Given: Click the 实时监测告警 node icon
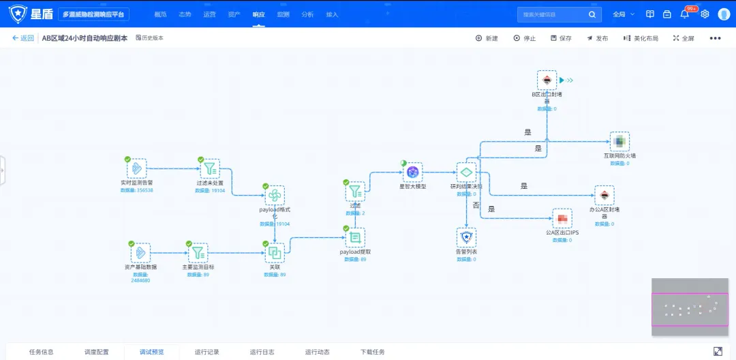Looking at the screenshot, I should coord(137,168).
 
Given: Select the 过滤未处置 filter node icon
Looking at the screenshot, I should coord(210,168).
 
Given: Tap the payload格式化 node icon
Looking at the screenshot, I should coord(275,196).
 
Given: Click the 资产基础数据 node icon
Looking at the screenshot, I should coord(140,253).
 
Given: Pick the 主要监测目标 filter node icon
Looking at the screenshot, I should coord(198,253).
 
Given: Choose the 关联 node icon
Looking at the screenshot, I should coord(275,253).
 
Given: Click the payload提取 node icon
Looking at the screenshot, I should coord(354,237).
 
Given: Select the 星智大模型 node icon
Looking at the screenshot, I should coord(412,172).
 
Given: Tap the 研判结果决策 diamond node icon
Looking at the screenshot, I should coord(466,172).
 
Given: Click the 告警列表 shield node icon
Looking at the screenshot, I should coord(466,237).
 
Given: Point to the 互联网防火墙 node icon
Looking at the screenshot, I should coord(619,142).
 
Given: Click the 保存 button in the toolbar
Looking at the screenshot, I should coord(561,38).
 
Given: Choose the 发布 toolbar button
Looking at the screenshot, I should coord(597,38).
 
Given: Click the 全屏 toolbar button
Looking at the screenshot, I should coord(683,38).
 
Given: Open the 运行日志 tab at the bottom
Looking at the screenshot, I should coord(262,352).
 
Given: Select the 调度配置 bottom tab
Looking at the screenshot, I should coord(96,352).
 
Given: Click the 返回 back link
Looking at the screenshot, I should coord(22,38).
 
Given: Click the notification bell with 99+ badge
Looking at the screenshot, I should coord(685,14).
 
